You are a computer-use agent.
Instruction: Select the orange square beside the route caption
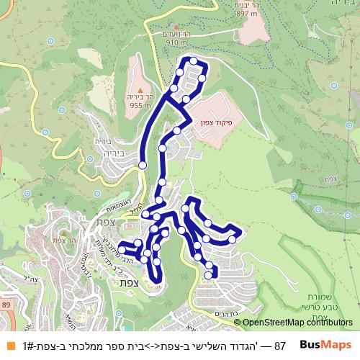tap(11, 346)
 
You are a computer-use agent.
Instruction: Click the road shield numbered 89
tap(7, 305)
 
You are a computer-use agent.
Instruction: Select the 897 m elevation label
tap(225, 13)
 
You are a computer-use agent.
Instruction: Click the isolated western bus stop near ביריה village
tap(143, 165)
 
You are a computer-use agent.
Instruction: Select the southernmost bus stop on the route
tap(210, 274)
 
